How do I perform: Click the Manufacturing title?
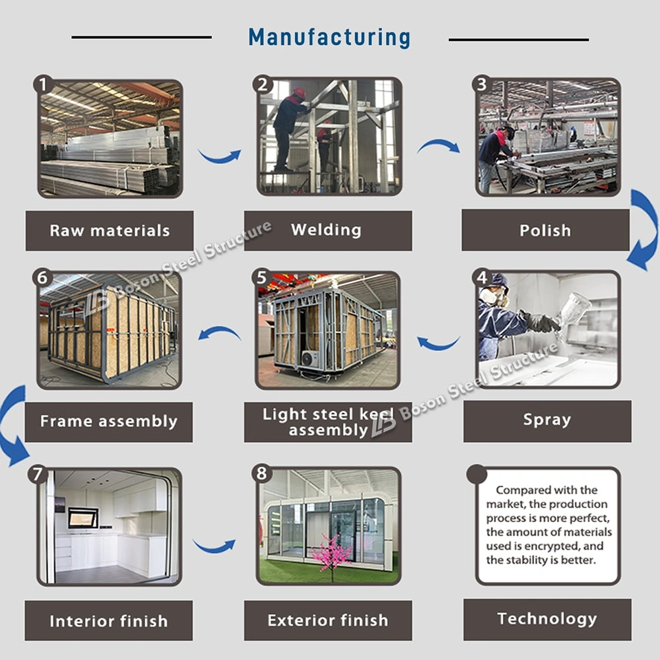329,38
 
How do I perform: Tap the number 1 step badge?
44,84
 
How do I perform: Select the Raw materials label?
110,231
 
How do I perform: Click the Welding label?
327,230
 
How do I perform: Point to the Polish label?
545,231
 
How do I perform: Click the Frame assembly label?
109,422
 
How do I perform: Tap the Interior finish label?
109,621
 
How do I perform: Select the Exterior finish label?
328,620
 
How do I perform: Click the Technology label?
547,619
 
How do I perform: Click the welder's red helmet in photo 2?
300,93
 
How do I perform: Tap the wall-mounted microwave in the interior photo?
83,517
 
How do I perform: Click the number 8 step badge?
263,473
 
